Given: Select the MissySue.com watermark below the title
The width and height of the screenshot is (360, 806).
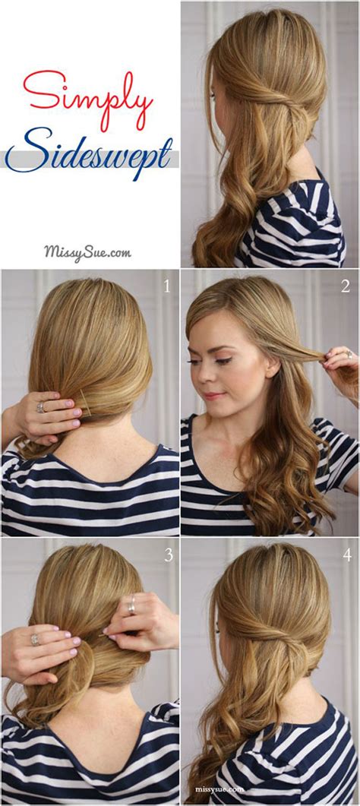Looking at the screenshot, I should coord(87,251).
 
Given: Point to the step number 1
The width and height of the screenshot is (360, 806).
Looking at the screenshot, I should coord(168,286).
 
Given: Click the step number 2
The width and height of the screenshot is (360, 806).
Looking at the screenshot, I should coord(346,286).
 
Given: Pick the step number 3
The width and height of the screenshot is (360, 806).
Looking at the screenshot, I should coord(168,555).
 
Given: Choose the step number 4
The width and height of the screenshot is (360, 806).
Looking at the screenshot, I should coord(346,555).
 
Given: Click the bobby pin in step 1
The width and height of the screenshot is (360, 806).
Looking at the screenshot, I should coord(86,409).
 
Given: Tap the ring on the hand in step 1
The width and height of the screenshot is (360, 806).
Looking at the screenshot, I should coord(39,408).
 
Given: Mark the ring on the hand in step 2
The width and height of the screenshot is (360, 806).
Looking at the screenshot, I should coord(349,354).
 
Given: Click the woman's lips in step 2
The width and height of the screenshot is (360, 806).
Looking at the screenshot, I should coord(214,395).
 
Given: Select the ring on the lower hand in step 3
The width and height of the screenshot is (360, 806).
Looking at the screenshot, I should coord(35,640).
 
